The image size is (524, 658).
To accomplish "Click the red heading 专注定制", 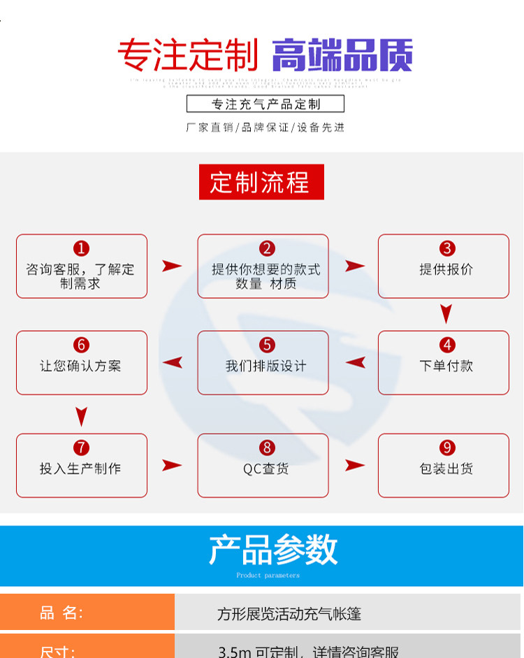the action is (x=187, y=55).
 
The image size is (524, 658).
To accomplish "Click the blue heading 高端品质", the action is (x=342, y=55).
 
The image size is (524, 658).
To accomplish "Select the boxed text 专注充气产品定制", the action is (x=265, y=104).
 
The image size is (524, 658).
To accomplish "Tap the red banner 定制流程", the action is (x=261, y=182).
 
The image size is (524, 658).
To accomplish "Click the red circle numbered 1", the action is (x=82, y=248).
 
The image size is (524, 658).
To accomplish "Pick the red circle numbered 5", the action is (x=267, y=345).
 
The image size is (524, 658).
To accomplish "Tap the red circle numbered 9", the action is (x=447, y=448).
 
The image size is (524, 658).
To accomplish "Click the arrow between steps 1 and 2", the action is (x=172, y=266).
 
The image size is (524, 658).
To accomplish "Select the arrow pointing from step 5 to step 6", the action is (x=173, y=362).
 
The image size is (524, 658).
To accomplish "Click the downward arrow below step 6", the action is (x=82, y=417).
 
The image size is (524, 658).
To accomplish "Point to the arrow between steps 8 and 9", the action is (x=354, y=465).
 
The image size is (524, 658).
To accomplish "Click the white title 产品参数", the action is (x=273, y=550).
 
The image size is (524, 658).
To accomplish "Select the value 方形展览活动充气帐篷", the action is (x=289, y=614).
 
